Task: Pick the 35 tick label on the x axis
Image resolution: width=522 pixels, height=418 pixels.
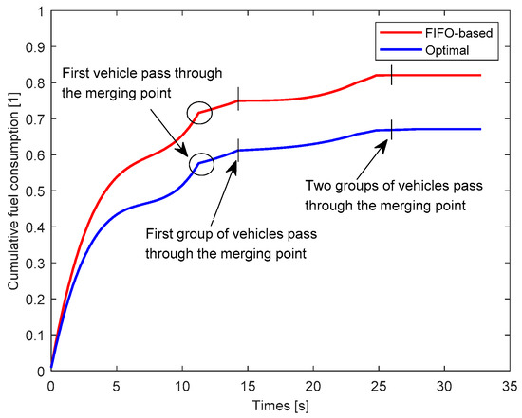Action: click(508, 387)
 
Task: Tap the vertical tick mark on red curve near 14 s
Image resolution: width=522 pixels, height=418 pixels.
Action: click(238, 100)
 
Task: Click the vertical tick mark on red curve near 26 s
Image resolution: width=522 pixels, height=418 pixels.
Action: click(391, 75)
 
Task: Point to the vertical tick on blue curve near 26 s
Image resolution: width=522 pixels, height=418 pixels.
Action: click(391, 129)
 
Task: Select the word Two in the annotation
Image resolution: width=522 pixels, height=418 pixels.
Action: click(318, 186)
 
